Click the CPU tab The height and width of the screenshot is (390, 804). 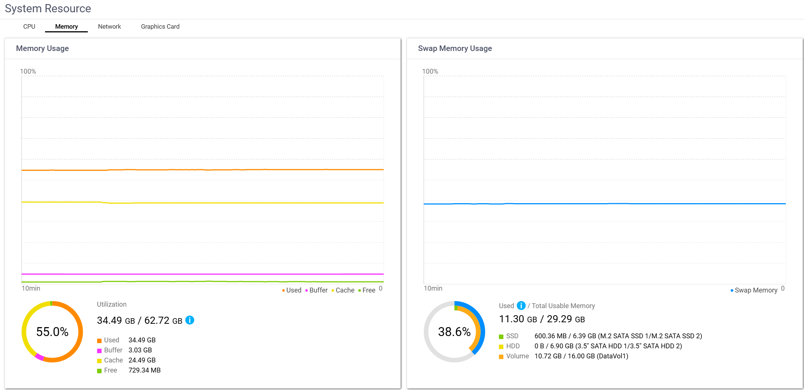click(x=29, y=26)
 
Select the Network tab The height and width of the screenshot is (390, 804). click(x=109, y=26)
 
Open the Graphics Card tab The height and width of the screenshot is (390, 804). click(x=160, y=26)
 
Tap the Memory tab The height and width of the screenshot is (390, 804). click(x=66, y=26)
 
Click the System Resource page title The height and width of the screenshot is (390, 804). click(x=48, y=9)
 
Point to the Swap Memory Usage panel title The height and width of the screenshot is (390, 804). click(x=455, y=48)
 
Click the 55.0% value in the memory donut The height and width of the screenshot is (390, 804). click(x=52, y=332)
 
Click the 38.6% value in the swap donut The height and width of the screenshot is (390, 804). click(x=454, y=332)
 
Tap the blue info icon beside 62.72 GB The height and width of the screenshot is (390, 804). click(x=190, y=320)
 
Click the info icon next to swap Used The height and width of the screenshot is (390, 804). click(x=521, y=306)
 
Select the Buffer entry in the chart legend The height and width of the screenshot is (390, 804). click(x=317, y=290)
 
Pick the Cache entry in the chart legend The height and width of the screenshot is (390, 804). click(x=343, y=290)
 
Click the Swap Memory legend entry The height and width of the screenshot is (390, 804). click(x=754, y=290)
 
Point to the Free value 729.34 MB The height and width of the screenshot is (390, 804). click(x=144, y=370)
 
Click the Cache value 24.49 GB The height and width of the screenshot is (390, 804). click(x=142, y=360)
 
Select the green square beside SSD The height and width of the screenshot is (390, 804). click(x=501, y=336)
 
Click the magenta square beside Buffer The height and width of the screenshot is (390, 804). click(x=99, y=351)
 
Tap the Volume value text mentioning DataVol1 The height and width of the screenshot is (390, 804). click(x=581, y=356)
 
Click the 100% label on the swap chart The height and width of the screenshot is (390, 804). click(x=430, y=71)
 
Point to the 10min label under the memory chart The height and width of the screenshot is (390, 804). click(x=31, y=288)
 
